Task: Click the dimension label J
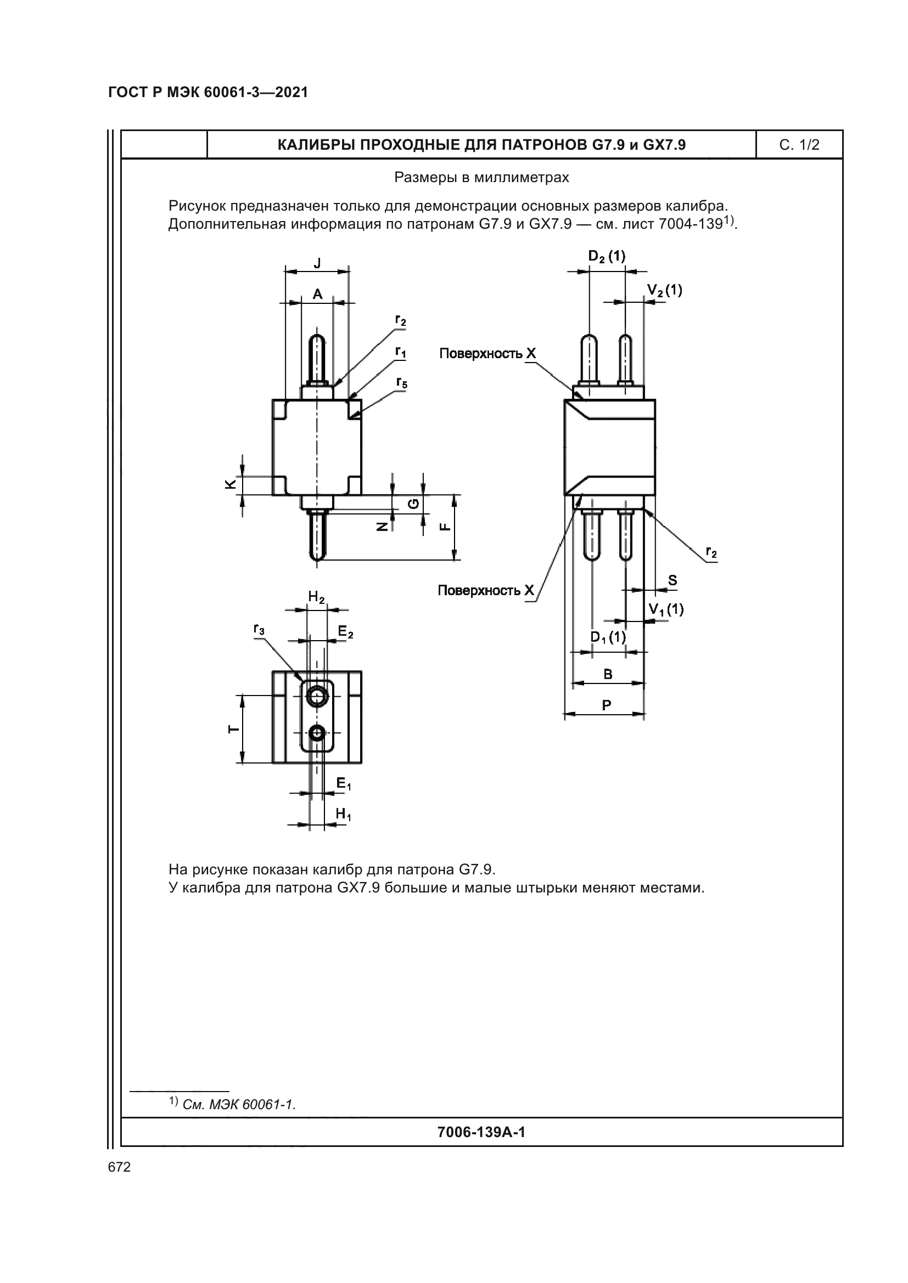317,263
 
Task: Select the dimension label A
317,295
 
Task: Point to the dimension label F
445,527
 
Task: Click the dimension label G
413,504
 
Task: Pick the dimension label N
382,527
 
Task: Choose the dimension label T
233,729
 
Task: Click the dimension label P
607,705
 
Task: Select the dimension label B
608,675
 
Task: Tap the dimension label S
672,580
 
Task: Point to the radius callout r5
401,383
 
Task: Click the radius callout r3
259,630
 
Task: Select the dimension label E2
345,631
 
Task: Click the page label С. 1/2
799,145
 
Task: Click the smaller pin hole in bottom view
317,733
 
